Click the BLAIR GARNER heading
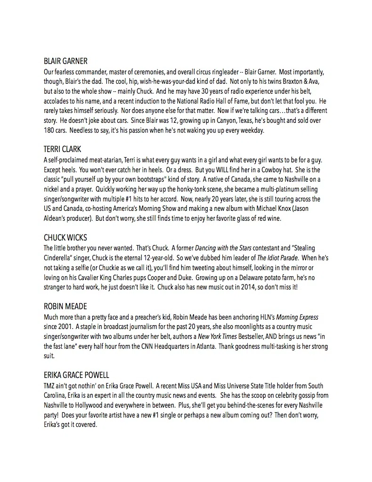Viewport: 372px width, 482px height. (x=65, y=61)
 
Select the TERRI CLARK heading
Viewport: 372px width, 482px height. (x=62, y=149)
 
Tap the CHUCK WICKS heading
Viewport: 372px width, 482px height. (x=65, y=237)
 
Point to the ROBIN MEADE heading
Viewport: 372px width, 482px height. (x=65, y=307)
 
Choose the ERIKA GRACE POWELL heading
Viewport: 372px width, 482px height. (x=76, y=375)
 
